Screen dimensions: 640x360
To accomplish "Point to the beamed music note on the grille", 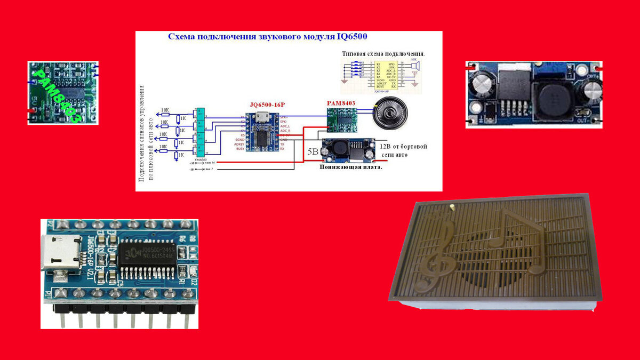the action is [x=518, y=235].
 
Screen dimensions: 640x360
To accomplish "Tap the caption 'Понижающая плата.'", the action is [x=351, y=167].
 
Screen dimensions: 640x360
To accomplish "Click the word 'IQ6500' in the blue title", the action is [x=351, y=37].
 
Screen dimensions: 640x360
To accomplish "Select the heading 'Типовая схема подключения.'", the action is [x=383, y=54].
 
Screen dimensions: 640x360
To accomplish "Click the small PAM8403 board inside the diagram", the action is [x=342, y=118].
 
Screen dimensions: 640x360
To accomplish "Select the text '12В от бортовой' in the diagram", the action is [x=403, y=146].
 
